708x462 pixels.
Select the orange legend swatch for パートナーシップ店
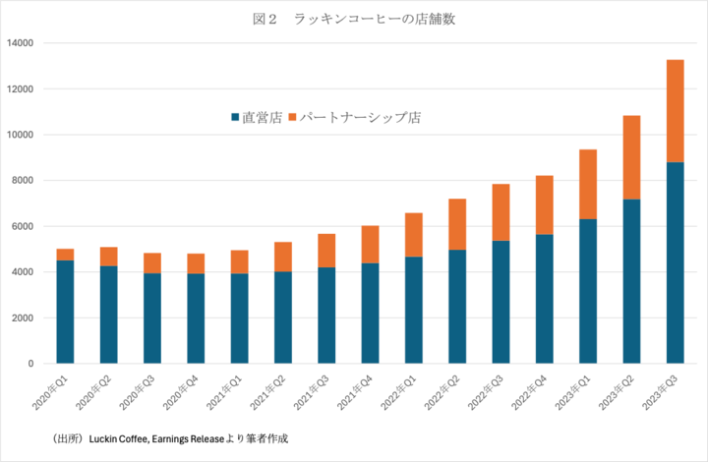click(x=292, y=117)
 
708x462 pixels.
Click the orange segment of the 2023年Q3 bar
click(x=675, y=111)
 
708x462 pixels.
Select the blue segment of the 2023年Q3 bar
click(x=675, y=262)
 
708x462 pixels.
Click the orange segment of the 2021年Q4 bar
click(x=370, y=245)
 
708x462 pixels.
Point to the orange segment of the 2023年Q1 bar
click(x=588, y=184)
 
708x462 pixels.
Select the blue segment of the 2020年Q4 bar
click(x=196, y=318)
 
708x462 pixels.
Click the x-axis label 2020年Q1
click(x=50, y=391)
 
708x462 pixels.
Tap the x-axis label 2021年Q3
click(x=312, y=391)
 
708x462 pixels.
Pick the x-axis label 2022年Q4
click(x=530, y=391)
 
